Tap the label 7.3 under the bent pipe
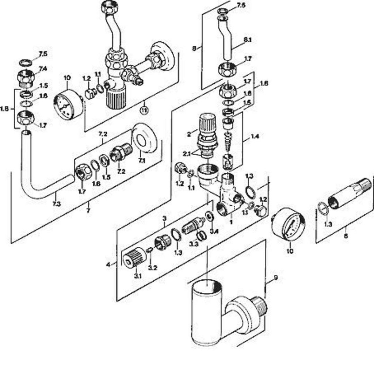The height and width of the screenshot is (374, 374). click(x=57, y=203)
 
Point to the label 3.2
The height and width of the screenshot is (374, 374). click(x=153, y=268)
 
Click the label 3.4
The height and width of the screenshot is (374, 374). click(x=214, y=231)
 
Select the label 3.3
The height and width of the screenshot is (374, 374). click(x=194, y=244)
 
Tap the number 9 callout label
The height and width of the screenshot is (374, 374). click(x=276, y=278)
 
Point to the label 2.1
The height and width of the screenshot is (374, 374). click(x=187, y=154)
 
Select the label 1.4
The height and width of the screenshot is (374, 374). click(x=255, y=137)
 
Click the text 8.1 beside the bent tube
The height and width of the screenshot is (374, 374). click(x=247, y=40)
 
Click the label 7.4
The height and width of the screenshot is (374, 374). click(x=43, y=69)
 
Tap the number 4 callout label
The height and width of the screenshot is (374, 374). click(x=108, y=264)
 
